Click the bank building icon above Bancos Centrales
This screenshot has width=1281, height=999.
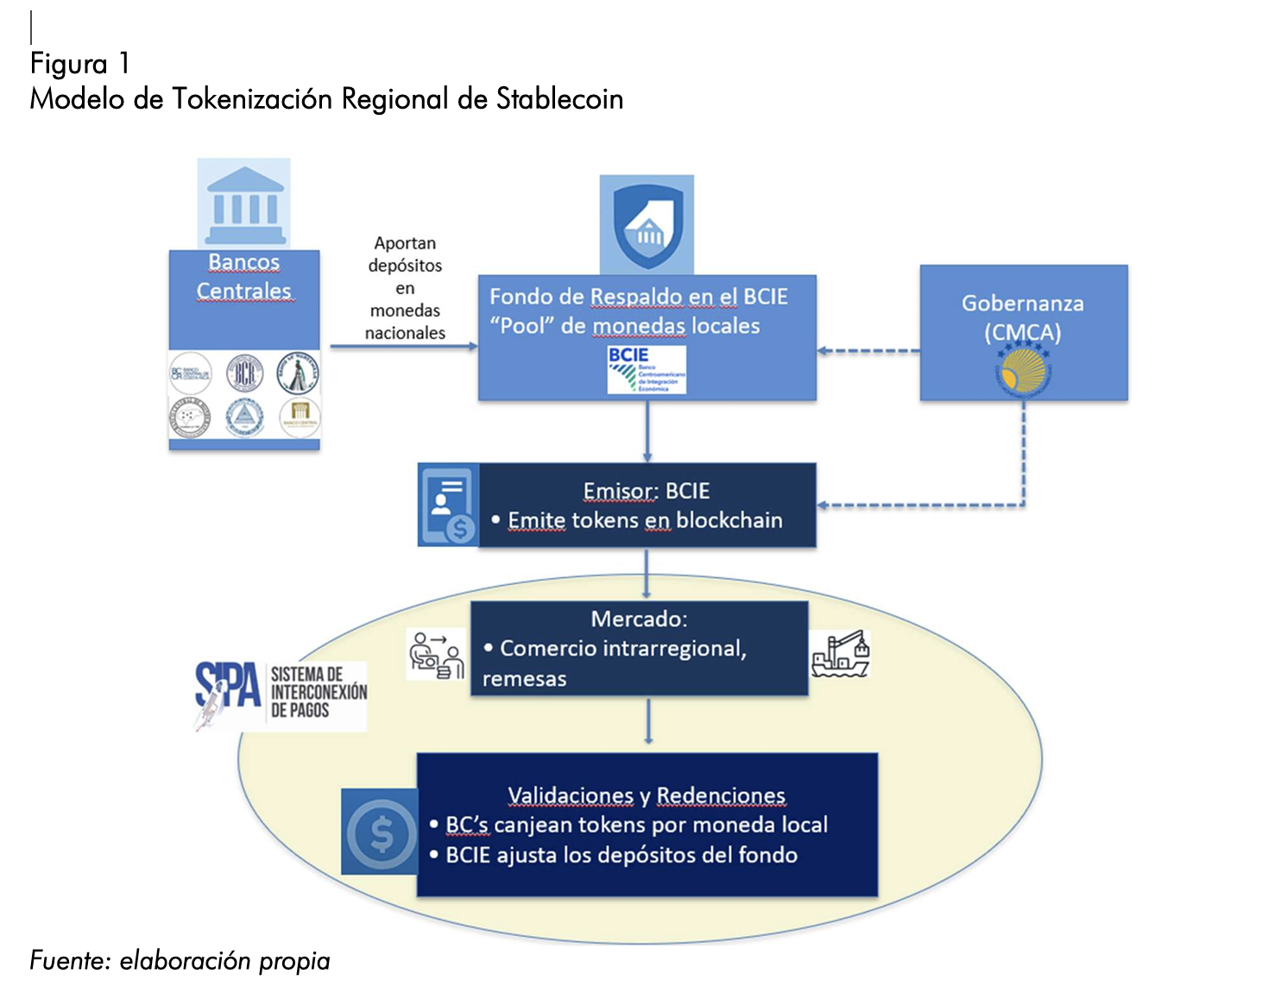coord(244,204)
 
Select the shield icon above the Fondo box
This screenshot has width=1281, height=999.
coord(647,225)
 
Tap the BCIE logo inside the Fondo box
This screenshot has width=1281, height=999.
coord(647,370)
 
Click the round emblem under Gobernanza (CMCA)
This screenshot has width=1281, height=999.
coord(1024,369)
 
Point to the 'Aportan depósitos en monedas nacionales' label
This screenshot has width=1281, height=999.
coord(405,288)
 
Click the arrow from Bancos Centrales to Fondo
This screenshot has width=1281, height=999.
coord(403,347)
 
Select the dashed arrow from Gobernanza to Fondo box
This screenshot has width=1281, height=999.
coord(868,351)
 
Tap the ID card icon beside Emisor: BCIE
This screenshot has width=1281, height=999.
coord(449,506)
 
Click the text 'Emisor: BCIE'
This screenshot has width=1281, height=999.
coord(647,491)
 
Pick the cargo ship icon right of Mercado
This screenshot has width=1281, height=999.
coord(840,654)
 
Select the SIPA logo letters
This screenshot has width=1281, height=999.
coord(228,688)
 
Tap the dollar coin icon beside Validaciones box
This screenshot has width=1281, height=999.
coord(380,832)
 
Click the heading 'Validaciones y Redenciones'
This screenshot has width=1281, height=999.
coord(647,795)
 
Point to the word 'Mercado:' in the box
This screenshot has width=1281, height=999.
coord(639,619)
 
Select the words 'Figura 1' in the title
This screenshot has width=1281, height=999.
coord(79,64)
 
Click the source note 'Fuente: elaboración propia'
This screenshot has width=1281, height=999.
coord(180,960)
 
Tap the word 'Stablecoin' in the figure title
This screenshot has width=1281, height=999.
coord(559,99)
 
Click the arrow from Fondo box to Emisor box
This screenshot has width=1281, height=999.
coord(647,431)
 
